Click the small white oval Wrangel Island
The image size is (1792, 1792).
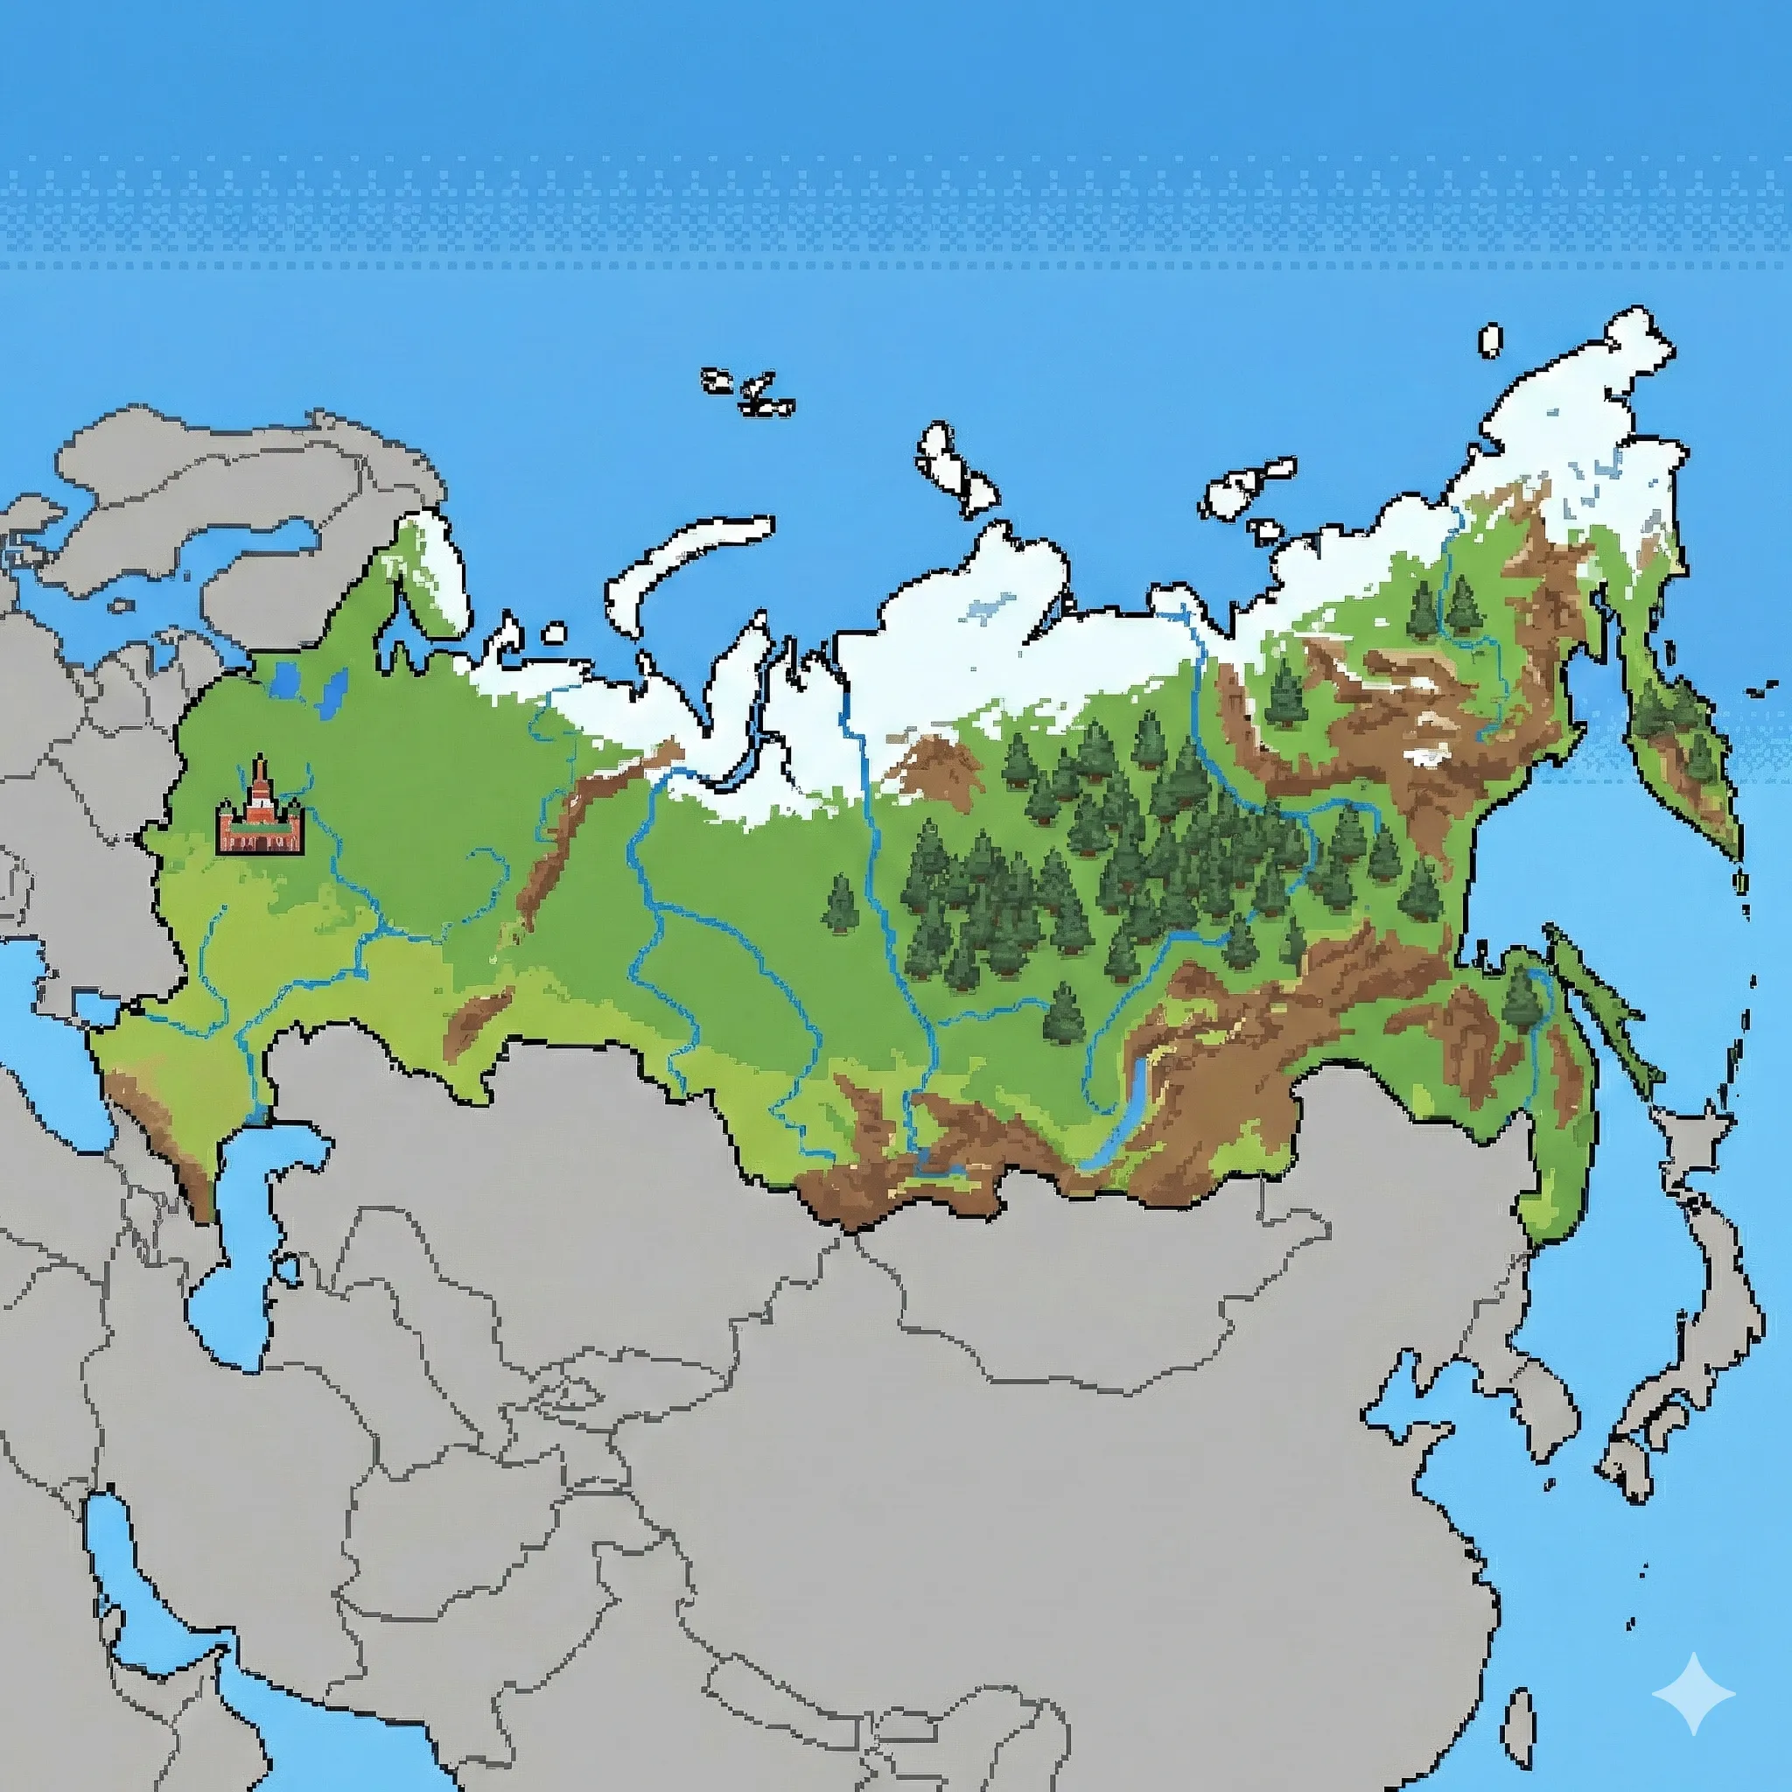[1489, 340]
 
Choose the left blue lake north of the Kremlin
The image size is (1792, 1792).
[284, 682]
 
